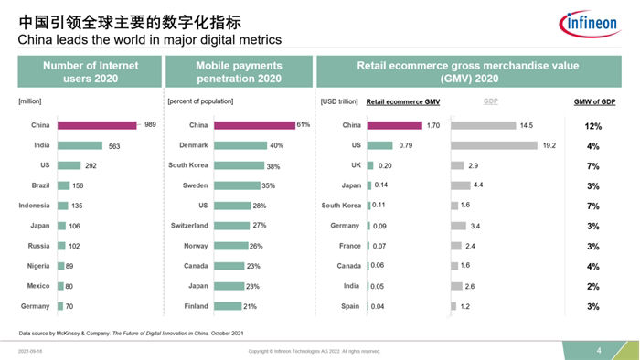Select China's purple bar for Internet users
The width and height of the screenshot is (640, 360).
pyautogui.click(x=97, y=124)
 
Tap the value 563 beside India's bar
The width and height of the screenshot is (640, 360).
pyautogui.click(x=115, y=144)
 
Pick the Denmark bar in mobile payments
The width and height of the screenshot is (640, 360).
pyautogui.click(x=240, y=144)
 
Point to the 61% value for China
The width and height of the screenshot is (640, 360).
pyautogui.click(x=303, y=124)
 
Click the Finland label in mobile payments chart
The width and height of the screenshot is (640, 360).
pyautogui.click(x=196, y=306)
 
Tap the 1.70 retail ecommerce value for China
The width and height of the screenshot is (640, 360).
pyautogui.click(x=433, y=124)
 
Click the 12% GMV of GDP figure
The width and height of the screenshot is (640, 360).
pyautogui.click(x=592, y=124)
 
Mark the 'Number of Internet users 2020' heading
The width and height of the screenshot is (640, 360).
pyautogui.click(x=86, y=71)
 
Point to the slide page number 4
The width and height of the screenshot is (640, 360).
pyautogui.click(x=598, y=350)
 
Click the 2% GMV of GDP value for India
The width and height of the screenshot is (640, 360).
pyautogui.click(x=592, y=286)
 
